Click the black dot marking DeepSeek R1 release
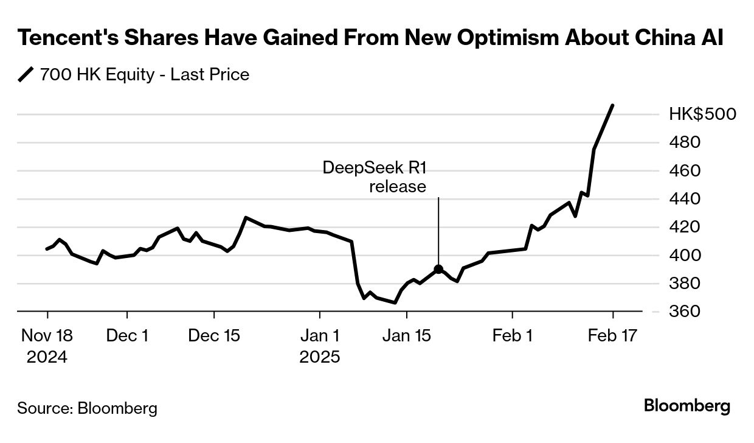click(438, 270)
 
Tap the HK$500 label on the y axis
click(702, 114)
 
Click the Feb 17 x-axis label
click(612, 335)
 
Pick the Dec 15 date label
click(214, 335)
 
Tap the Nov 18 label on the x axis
click(47, 335)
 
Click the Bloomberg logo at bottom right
click(687, 406)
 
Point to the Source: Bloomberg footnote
click(87, 408)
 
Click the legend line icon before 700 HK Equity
click(26, 75)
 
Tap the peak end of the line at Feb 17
click(612, 105)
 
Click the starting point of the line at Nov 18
click(47, 249)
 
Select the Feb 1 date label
click(513, 335)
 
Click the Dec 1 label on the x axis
click(127, 335)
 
